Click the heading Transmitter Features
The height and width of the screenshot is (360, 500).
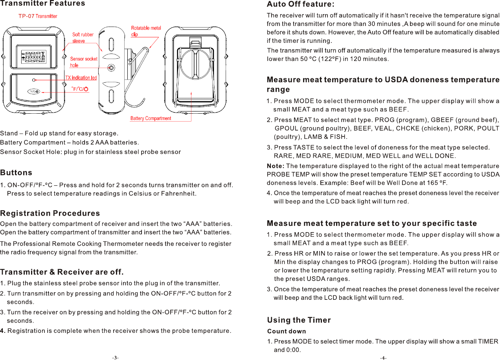click(42, 4)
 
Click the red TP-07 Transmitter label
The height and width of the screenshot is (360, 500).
click(38, 16)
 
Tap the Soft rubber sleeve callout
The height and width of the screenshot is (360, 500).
click(83, 38)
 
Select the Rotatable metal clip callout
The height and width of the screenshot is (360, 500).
click(146, 31)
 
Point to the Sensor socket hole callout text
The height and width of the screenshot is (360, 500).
click(83, 62)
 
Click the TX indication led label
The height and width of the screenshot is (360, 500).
click(81, 78)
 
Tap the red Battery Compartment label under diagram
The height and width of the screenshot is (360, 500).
click(151, 118)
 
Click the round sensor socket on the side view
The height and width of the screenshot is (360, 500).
click(112, 68)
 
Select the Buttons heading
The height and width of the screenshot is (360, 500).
click(16, 173)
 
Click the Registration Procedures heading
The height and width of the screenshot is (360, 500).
click(50, 213)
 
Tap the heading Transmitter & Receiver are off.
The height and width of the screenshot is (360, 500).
click(62, 272)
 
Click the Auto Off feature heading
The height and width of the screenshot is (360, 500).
click(301, 4)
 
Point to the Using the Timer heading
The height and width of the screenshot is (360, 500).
click(299, 320)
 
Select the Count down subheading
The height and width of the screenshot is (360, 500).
click(286, 331)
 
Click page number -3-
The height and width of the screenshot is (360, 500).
click(115, 358)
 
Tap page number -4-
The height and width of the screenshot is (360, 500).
click(383, 358)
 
